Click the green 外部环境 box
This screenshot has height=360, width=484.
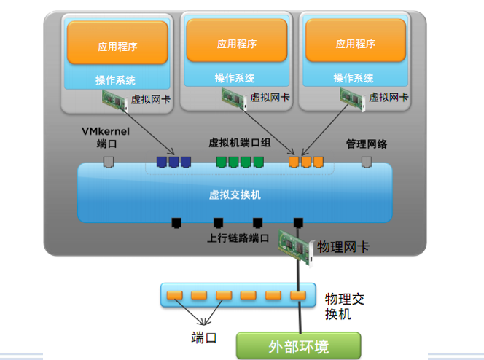(298, 345)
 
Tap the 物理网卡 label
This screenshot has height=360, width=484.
(343, 247)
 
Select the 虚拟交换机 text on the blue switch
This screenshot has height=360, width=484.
(235, 195)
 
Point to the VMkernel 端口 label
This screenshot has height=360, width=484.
(106, 137)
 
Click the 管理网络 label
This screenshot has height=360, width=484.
(367, 144)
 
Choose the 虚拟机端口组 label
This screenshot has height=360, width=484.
(240, 143)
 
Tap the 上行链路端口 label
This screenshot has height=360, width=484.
(238, 238)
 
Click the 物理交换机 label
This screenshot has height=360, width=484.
(345, 307)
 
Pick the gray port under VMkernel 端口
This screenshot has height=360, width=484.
(109, 162)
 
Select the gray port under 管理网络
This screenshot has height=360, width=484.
(367, 162)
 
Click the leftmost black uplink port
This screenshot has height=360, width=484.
(176, 223)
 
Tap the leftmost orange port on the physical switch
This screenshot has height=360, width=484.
(174, 296)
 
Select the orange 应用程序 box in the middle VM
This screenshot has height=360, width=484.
(237, 40)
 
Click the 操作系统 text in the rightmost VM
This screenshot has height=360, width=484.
(354, 78)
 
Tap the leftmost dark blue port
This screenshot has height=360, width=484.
(162, 162)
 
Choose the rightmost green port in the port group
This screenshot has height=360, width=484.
(258, 162)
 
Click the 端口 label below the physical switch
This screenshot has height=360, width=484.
(203, 338)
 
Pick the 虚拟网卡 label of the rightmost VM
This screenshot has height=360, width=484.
(389, 98)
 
